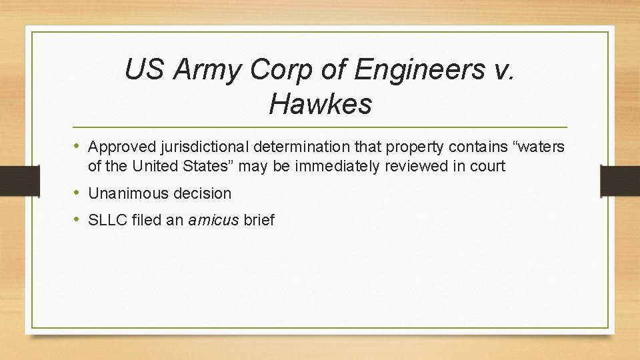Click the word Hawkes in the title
click(x=320, y=103)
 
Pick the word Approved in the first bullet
click(x=119, y=146)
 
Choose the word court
click(x=489, y=165)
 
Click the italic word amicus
click(x=213, y=220)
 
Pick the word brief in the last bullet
click(x=259, y=220)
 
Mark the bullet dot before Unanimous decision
click(x=79, y=193)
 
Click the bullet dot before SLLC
click(x=79, y=220)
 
